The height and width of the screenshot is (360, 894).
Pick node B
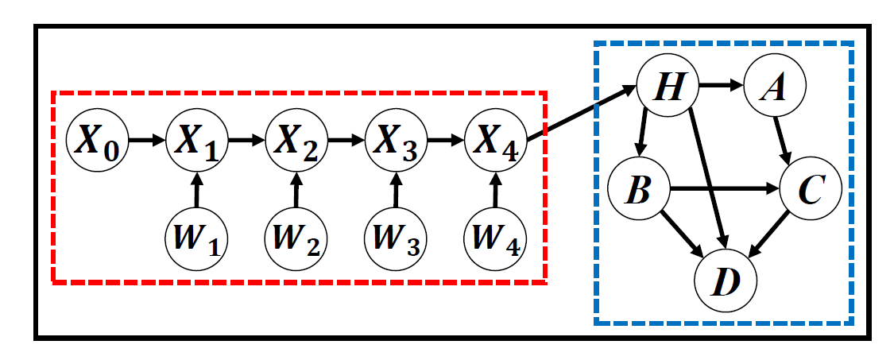[637, 191]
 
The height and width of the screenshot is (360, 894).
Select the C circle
[811, 191]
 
